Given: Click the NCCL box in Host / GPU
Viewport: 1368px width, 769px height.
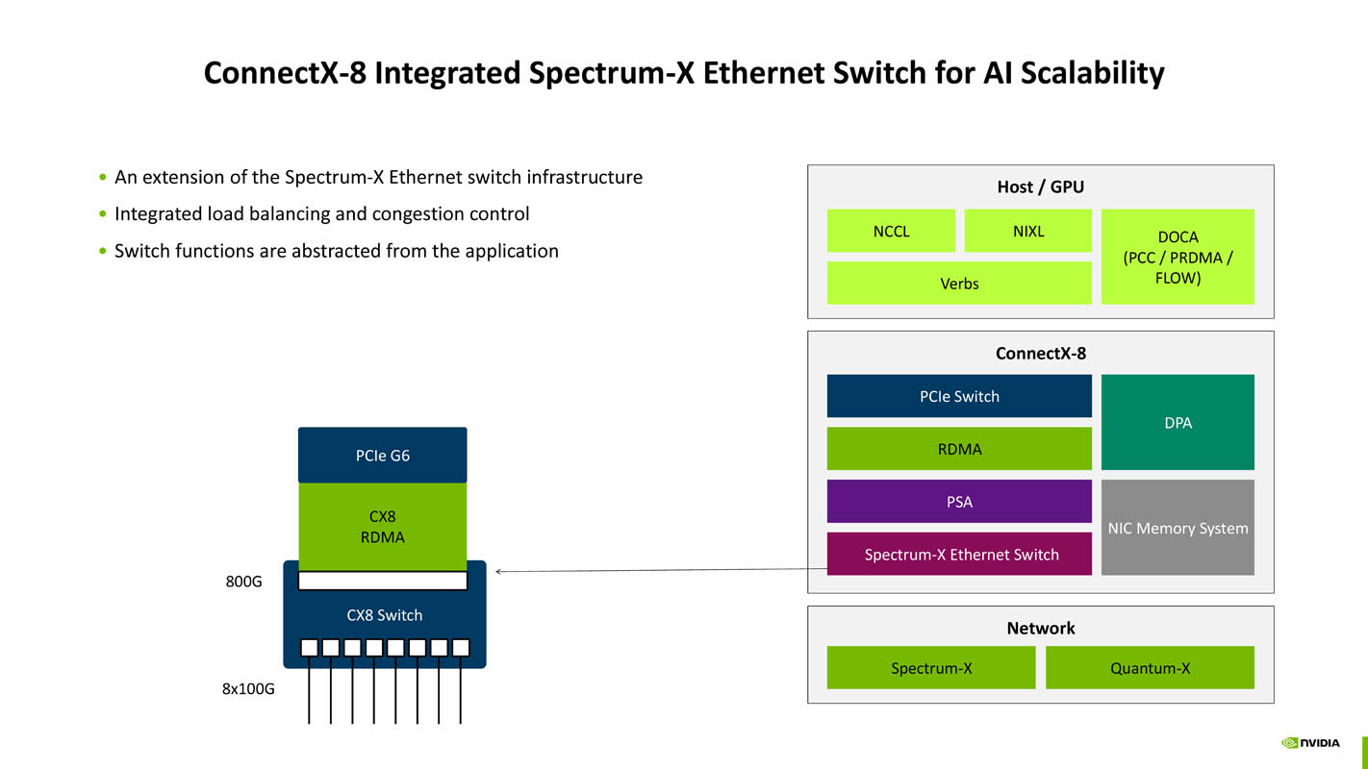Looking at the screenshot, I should pos(891,231).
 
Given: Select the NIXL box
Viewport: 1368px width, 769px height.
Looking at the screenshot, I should pos(1027,231).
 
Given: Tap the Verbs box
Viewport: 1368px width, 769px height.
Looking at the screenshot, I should pos(959,284).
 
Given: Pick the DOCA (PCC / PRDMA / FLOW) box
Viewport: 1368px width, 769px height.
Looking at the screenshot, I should pos(1178,257).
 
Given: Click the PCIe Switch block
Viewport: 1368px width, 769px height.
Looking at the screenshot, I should pos(959,396).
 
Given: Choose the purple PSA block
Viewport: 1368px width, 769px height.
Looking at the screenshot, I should pos(959,502).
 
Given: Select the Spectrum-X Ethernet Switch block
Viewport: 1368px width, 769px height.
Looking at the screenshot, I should pos(959,555).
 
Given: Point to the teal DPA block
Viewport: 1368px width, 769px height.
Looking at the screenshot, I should pos(1178,422).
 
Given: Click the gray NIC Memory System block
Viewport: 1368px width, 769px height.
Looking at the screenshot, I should pos(1178,528).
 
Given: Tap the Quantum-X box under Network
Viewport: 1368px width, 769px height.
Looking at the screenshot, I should pos(1150,667).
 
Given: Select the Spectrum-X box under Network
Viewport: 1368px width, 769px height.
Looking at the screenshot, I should pos(931,667).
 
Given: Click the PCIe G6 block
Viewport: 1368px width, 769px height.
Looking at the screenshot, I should pos(382,455).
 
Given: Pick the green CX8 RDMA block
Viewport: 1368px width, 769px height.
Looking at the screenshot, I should pos(382,527).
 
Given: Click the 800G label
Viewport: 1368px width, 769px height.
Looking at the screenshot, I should pos(243,582).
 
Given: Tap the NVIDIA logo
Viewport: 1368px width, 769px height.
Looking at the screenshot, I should pos(1310,743).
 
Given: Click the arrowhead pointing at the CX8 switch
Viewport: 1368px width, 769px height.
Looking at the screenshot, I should pos(499,572).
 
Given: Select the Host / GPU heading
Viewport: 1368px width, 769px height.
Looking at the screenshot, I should pos(1040,186).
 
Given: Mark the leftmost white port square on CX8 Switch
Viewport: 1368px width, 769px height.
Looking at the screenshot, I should pos(309,648).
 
